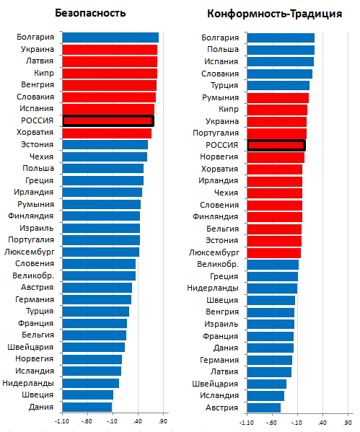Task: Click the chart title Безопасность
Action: coord(90,13)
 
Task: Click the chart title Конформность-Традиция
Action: coord(275,14)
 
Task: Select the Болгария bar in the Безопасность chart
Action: coord(110,38)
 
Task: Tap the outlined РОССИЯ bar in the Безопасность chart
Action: coord(108,120)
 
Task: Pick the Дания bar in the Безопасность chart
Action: coord(87,407)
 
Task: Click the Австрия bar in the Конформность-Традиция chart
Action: coord(264,407)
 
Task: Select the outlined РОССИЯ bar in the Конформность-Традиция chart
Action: coord(276,145)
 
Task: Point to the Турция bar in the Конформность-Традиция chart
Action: coord(278,85)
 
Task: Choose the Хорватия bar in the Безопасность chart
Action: coord(107,133)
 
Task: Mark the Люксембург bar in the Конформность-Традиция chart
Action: coord(274,252)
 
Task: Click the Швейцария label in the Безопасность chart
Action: coord(30,347)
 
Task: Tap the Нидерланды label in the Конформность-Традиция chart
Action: coord(213,288)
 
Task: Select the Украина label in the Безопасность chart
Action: coord(38,49)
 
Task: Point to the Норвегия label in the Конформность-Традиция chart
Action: coord(219,157)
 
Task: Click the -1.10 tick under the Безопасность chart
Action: coord(62,421)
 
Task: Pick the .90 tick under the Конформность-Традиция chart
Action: coord(348,423)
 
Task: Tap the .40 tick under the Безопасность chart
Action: coord(138,421)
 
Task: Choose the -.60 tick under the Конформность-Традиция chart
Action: coord(272,423)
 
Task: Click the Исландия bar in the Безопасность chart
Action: coord(92,371)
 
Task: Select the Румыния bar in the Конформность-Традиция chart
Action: coord(278,98)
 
